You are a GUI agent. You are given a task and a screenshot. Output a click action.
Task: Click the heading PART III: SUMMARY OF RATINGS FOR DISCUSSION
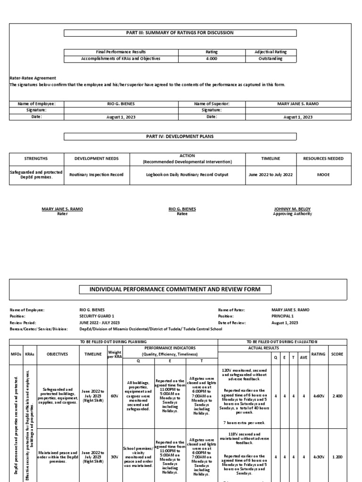click(x=180, y=32)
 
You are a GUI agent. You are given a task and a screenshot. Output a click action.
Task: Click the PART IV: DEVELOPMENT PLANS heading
click(x=180, y=137)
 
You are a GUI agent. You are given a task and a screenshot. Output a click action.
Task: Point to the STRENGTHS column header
click(x=35, y=159)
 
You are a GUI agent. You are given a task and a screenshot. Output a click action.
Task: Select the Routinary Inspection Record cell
click(x=96, y=175)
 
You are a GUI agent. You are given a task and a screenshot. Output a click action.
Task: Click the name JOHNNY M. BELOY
click(x=293, y=209)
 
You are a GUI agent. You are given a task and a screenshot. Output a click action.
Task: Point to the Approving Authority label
click(x=293, y=214)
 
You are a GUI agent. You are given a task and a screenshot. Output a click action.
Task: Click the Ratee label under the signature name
click(x=182, y=214)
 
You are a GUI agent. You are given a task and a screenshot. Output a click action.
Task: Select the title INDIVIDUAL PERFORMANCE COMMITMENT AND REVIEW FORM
click(x=181, y=289)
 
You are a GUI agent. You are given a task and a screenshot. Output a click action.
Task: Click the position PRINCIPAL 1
click(x=283, y=316)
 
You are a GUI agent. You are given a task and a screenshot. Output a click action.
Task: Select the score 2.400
click(x=337, y=397)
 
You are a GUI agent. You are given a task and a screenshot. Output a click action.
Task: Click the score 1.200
click(x=337, y=457)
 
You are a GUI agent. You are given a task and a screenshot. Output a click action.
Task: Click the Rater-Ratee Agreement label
click(x=33, y=78)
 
